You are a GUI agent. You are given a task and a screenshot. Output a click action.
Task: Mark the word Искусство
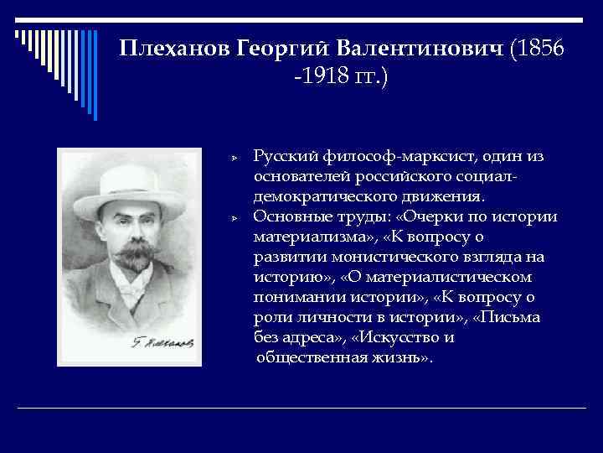coord(404,338)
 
